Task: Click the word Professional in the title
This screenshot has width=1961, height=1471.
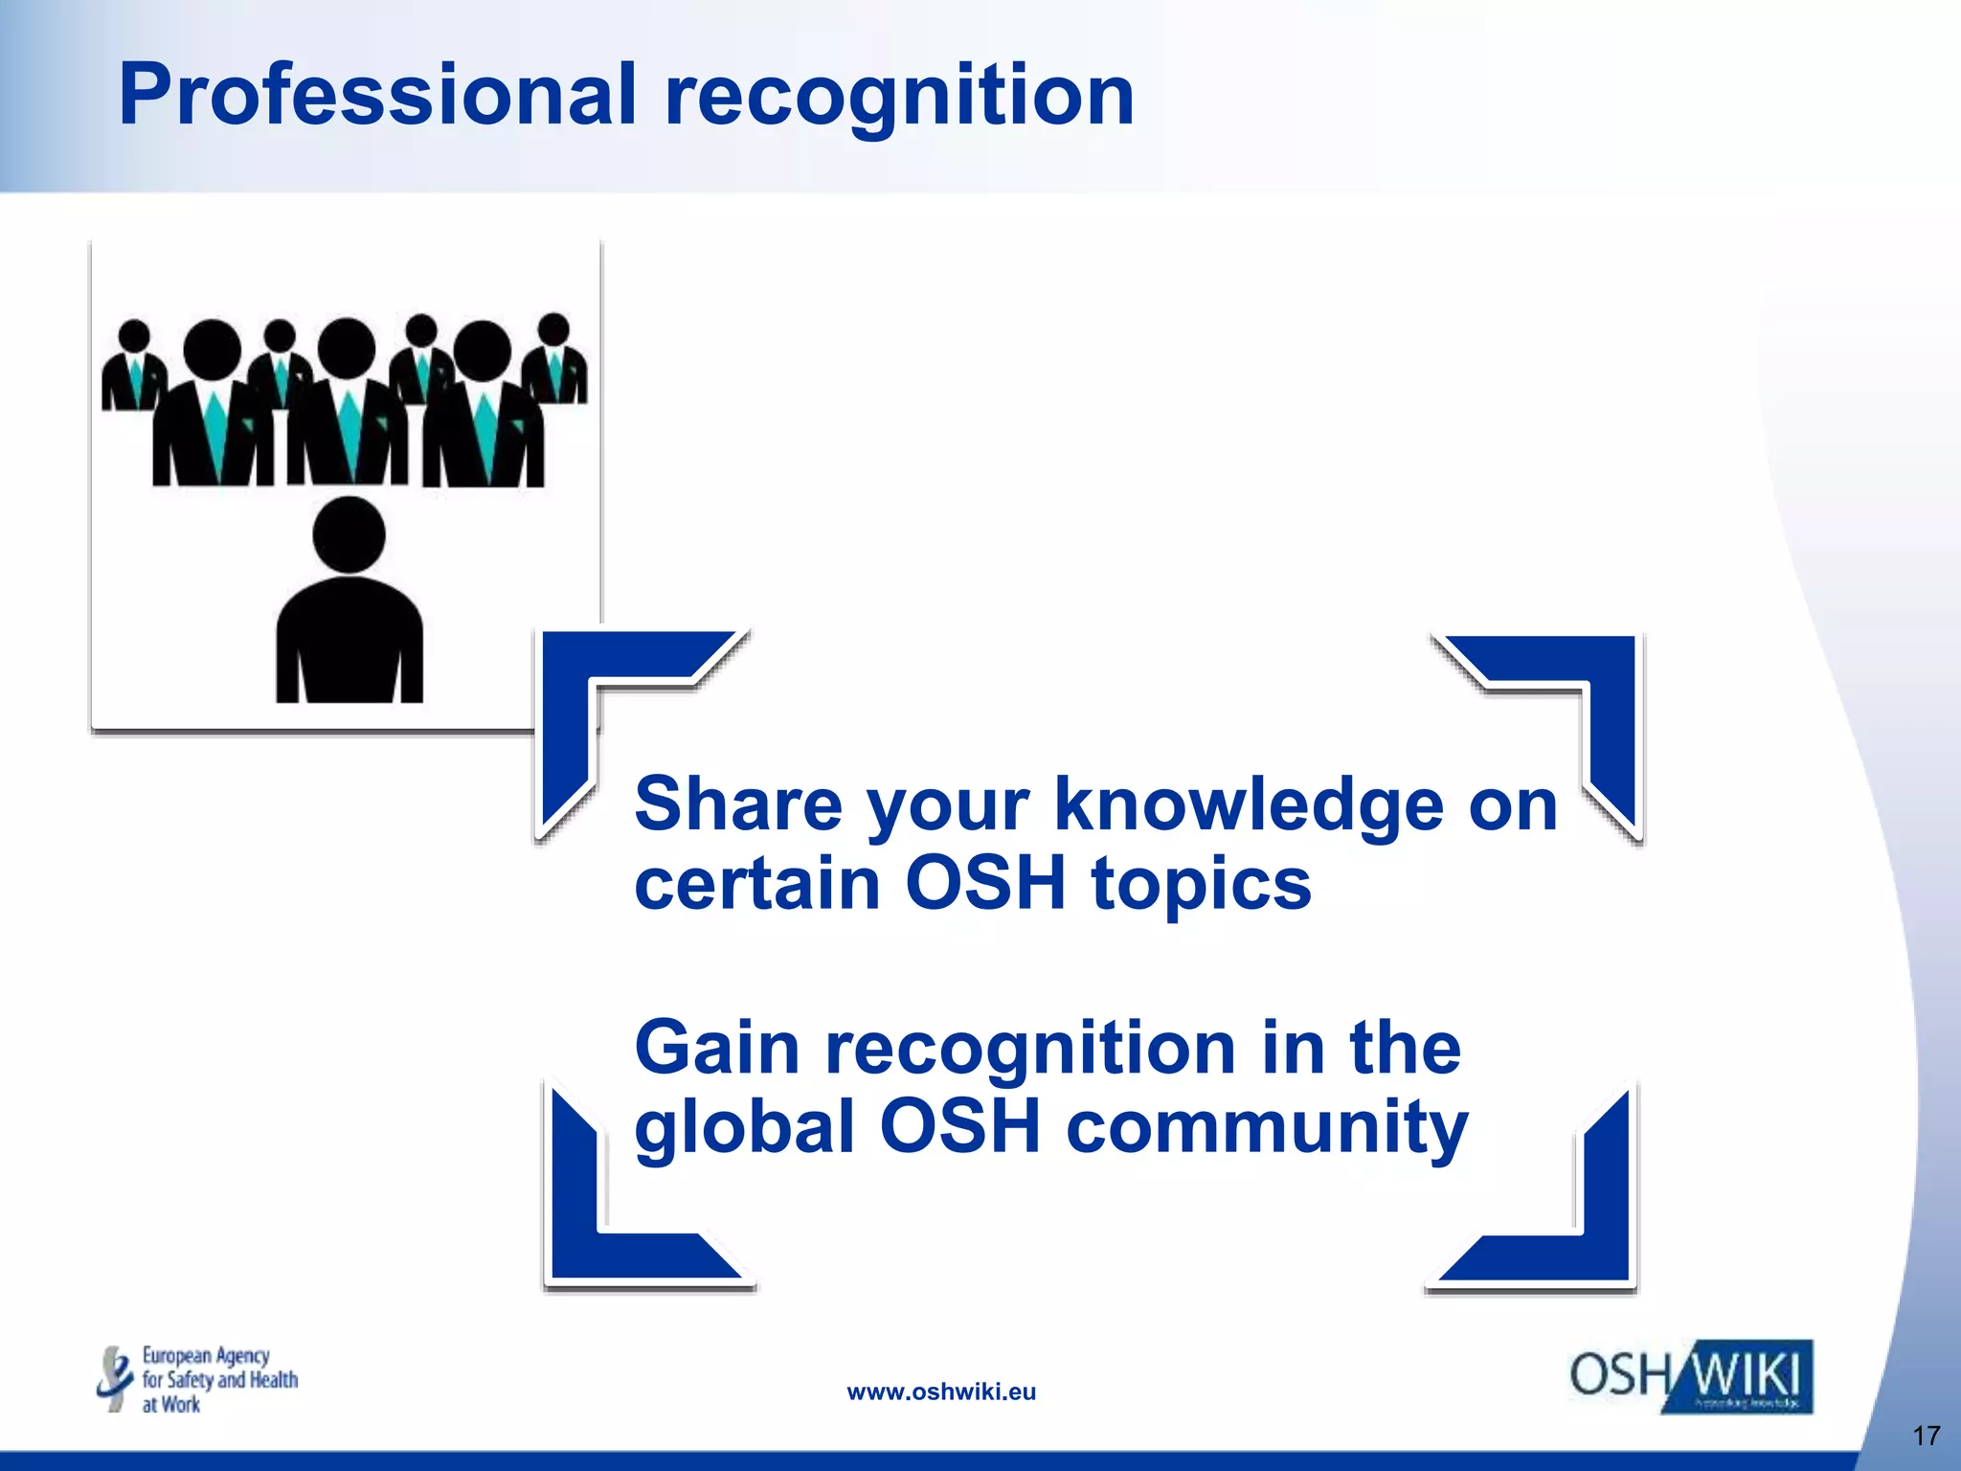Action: pyautogui.click(x=377, y=96)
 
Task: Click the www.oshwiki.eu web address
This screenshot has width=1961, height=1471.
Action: pyautogui.click(x=941, y=1392)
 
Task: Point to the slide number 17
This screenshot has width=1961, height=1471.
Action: pyautogui.click(x=1927, y=1436)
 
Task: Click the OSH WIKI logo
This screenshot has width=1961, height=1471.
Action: pyautogui.click(x=1691, y=1376)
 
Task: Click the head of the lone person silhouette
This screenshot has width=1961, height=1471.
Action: pyautogui.click(x=349, y=534)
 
